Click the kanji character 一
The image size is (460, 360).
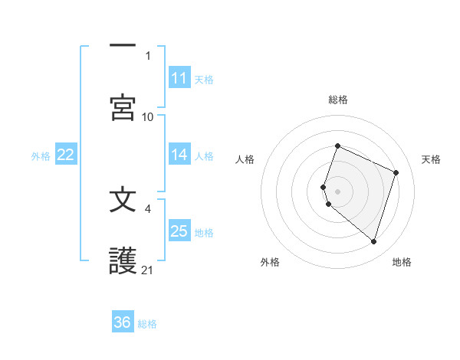point(123,46)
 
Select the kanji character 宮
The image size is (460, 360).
point(123,106)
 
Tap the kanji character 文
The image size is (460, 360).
point(123,200)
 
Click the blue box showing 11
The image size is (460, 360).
point(179,78)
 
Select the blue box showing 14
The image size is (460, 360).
point(179,155)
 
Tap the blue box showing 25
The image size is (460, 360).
point(179,231)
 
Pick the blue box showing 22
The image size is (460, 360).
point(66,155)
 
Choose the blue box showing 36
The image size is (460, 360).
point(123,322)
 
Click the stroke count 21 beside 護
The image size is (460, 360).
point(148,270)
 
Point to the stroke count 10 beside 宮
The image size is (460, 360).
point(148,116)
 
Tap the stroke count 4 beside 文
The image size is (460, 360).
point(148,208)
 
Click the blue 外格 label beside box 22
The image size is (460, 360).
point(41,155)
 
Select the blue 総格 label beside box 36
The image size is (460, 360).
point(147,323)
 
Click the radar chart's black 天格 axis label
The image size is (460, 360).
point(432,159)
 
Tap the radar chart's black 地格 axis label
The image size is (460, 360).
point(402,262)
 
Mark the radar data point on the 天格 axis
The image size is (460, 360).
point(396,172)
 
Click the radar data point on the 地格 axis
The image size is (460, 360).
point(373,241)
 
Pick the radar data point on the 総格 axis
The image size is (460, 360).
point(337,146)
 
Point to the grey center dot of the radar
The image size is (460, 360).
point(337,191)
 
